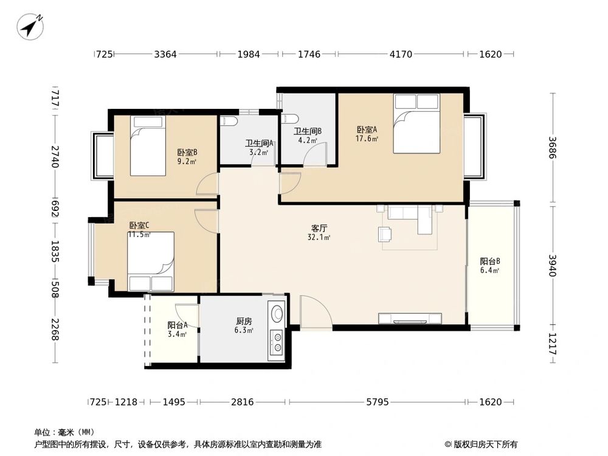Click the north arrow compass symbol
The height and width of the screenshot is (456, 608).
coord(30,26)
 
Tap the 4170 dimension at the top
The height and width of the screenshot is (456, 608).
coord(401,54)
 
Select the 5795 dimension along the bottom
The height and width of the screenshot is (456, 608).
coord(378,402)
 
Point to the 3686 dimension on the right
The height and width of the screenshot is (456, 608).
coord(553,148)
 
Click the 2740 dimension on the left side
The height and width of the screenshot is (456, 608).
coord(55,157)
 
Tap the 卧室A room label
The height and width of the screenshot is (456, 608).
coord(367,130)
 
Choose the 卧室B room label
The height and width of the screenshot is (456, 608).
coord(187,153)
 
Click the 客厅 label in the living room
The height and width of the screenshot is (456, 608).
coord(319,228)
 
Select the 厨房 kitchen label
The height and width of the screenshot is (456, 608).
coord(244,321)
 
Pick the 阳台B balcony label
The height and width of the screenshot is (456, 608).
coord(489,261)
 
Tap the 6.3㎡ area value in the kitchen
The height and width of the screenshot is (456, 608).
coord(244,330)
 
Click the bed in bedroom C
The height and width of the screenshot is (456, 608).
coord(151,261)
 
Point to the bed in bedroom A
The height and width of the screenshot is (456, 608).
coord(416,123)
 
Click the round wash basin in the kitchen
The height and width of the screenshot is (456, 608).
coord(277,313)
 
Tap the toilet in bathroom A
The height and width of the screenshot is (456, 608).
coord(229,121)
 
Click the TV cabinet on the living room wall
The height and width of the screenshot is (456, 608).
coord(410,319)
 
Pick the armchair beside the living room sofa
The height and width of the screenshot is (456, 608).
coord(385,234)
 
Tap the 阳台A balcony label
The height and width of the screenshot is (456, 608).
coord(178,325)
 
